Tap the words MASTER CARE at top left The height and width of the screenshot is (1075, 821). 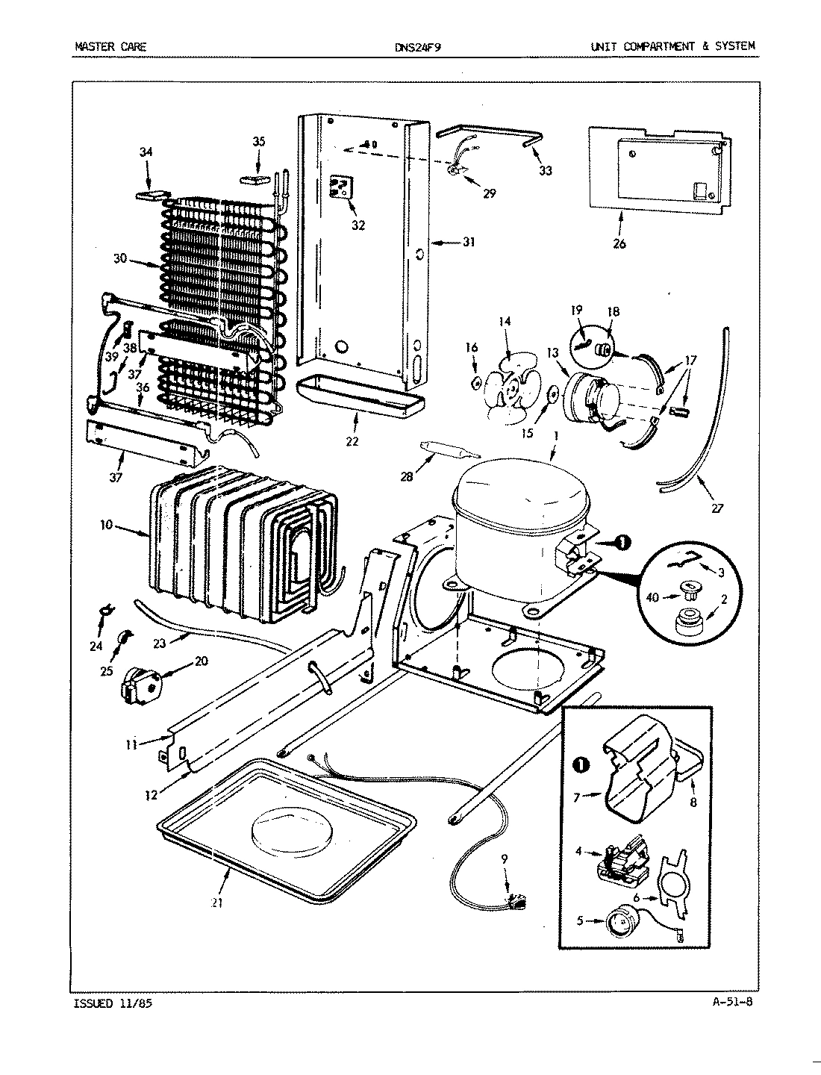(110, 46)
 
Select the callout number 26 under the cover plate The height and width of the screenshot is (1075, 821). (619, 243)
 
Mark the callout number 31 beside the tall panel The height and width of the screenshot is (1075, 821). (468, 242)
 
